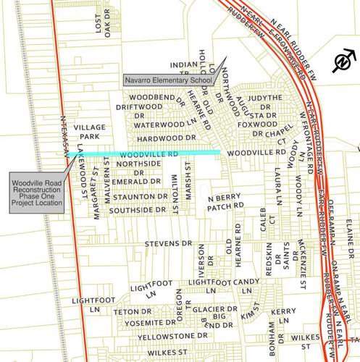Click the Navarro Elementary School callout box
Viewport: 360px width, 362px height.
[x=167, y=81]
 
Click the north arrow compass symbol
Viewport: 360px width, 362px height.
[x=340, y=63]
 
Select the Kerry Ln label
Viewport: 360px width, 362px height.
[x=284, y=316]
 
